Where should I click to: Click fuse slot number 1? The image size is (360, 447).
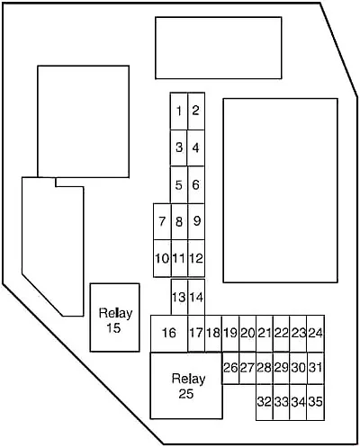(x=179, y=112)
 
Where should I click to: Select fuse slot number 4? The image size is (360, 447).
(x=196, y=148)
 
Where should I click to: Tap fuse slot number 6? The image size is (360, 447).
(x=196, y=184)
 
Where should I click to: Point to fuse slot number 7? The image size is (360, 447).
(x=162, y=221)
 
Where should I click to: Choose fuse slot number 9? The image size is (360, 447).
(x=196, y=221)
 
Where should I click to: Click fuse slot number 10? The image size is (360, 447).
(x=162, y=258)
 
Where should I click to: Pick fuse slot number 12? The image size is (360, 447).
(x=196, y=258)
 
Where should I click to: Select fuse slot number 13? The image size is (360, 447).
(x=179, y=297)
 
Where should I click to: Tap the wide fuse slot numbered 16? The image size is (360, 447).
(x=169, y=333)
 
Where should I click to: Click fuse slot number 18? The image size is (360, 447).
(x=213, y=333)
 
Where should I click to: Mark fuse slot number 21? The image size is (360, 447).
(x=265, y=333)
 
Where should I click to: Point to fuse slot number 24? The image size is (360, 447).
(x=316, y=333)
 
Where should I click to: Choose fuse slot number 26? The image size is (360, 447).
(x=230, y=368)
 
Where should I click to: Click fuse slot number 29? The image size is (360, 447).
(x=282, y=368)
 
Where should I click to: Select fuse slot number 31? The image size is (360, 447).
(x=316, y=368)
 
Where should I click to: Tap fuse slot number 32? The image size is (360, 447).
(x=265, y=402)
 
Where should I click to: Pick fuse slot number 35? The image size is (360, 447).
(x=316, y=402)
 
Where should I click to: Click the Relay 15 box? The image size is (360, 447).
(x=114, y=317)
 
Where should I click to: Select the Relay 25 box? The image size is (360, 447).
(x=186, y=386)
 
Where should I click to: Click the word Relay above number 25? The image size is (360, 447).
(x=188, y=379)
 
